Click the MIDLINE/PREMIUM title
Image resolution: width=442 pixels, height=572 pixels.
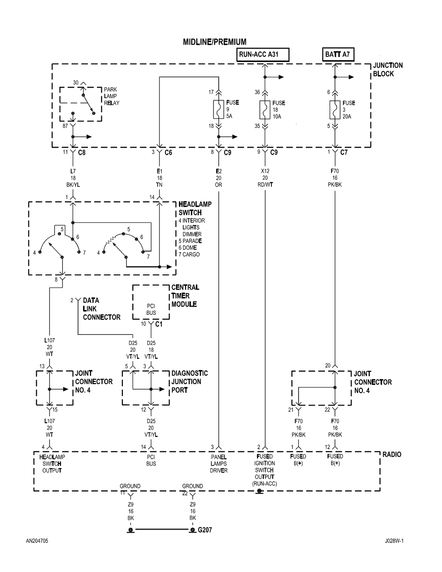tap(215, 42)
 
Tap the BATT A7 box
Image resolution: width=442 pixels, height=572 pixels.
tap(339, 55)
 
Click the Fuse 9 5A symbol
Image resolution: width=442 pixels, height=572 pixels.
tap(218, 109)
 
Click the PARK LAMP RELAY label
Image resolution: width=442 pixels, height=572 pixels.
tap(111, 96)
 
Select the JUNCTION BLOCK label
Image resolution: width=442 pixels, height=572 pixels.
tap(388, 69)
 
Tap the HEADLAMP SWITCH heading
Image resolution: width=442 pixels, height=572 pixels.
tap(194, 208)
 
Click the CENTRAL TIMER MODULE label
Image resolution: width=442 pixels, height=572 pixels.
tap(185, 296)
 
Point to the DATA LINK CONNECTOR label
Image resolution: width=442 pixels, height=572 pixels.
tap(101, 309)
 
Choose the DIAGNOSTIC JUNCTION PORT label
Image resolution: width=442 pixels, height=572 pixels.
tap(189, 381)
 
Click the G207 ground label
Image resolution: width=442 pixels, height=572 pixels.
tap(205, 530)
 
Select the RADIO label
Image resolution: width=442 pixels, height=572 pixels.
tap(392, 454)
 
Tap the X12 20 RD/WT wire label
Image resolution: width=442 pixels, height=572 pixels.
tap(265, 178)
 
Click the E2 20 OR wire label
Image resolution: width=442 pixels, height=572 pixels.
tap(218, 178)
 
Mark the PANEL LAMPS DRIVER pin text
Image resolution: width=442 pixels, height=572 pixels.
tap(219, 463)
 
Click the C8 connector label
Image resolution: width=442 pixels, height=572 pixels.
tap(82, 153)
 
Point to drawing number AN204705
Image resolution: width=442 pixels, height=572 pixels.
tap(37, 553)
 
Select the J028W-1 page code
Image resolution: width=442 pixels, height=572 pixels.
tap(394, 553)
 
